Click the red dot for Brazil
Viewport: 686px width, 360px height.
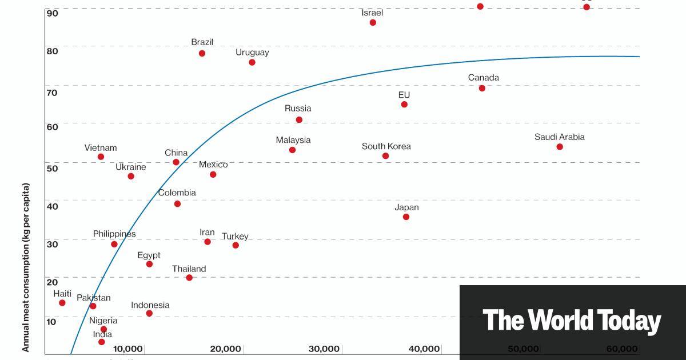coord(202,53)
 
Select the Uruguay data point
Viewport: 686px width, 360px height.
coord(252,62)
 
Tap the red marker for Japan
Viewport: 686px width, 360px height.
coord(406,217)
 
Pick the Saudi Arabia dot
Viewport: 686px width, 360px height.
coord(560,147)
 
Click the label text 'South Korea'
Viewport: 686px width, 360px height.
coord(386,146)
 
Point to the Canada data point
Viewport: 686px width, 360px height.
coord(482,88)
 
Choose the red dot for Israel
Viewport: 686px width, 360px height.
coord(373,22)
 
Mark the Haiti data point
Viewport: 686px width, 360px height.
coord(62,303)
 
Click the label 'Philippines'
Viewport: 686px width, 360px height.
coord(114,234)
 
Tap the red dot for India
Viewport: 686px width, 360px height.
coord(102,342)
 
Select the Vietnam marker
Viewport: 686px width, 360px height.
coord(101,157)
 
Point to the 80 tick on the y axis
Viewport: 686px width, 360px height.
coord(52,50)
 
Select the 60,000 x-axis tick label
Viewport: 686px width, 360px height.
coord(622,349)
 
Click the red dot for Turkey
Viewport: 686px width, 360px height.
coord(236,245)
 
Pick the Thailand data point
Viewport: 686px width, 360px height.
coord(189,278)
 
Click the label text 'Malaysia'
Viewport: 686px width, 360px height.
coord(293,140)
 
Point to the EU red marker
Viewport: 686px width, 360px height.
coord(404,105)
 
